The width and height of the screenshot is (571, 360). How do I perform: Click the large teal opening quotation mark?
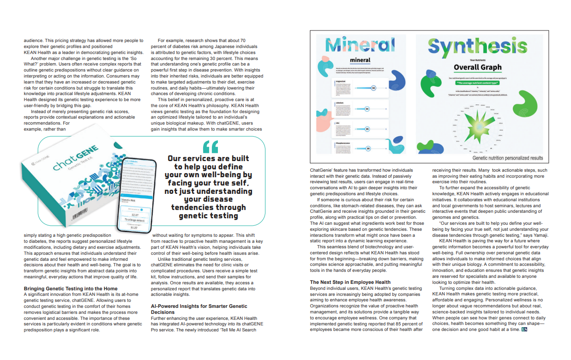(210, 146)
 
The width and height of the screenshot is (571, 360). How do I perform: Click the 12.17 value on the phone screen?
(135, 214)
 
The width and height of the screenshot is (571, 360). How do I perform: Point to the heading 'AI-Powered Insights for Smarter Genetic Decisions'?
(199, 309)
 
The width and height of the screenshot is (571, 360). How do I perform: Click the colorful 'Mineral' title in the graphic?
(360, 44)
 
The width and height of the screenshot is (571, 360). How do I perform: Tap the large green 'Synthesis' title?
(477, 47)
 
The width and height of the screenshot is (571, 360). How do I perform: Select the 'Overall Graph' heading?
(477, 67)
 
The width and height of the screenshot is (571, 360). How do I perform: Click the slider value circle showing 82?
(373, 88)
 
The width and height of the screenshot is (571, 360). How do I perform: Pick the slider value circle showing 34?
(367, 109)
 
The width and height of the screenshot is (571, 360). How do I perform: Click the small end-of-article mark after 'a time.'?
(524, 330)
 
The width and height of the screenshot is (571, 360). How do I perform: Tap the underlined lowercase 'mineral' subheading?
(360, 60)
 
